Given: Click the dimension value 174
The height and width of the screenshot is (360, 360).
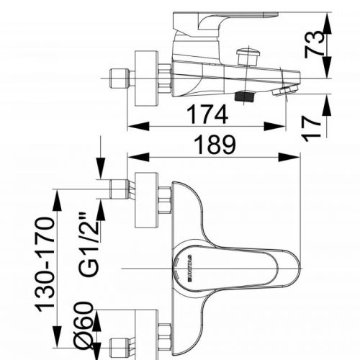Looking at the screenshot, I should point(207,114).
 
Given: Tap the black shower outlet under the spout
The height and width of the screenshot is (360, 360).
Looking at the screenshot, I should point(245,94).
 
